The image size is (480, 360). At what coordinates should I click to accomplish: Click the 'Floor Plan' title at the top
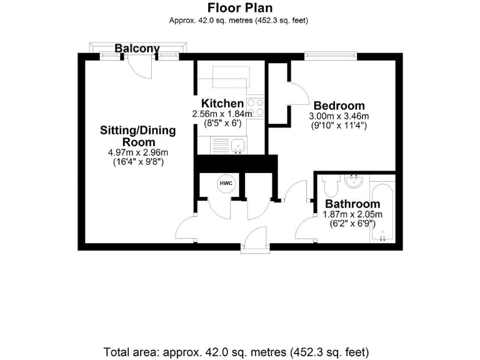pyautogui.click(x=239, y=7)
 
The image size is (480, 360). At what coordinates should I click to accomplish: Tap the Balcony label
pyautogui.click(x=137, y=48)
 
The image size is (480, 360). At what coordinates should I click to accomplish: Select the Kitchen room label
pyautogui.click(x=222, y=103)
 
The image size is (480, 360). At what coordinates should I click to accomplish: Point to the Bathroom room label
pyautogui.click(x=352, y=204)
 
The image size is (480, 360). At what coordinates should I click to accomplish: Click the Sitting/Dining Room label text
pyautogui.click(x=138, y=136)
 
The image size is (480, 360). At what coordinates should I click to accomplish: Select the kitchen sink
pyautogui.click(x=236, y=146)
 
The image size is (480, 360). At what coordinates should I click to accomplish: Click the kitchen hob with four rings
pyautogui.click(x=255, y=107)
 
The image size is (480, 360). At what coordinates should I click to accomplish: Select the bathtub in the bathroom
pyautogui.click(x=382, y=212)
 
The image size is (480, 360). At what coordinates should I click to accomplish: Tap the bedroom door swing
pyautogui.click(x=296, y=94)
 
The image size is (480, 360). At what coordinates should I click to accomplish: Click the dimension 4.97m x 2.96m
pyautogui.click(x=138, y=152)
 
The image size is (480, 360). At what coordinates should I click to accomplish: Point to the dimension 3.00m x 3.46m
pyautogui.click(x=339, y=116)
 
